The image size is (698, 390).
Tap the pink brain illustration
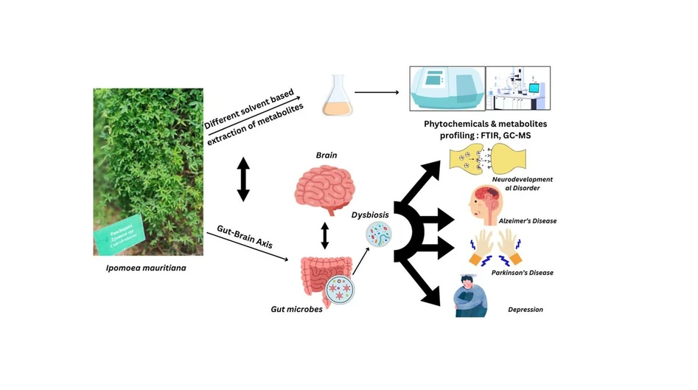pyautogui.click(x=324, y=186)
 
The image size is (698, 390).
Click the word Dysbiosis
pyautogui.click(x=369, y=216)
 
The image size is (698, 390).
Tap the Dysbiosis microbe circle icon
pyautogui.click(x=380, y=236)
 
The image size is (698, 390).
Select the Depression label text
pyautogui.click(x=526, y=310)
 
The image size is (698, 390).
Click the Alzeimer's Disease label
pyautogui.click(x=526, y=220)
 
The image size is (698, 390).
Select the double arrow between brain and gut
pyautogui.click(x=324, y=236)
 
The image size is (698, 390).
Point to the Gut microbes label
pyautogui.click(x=297, y=310)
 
